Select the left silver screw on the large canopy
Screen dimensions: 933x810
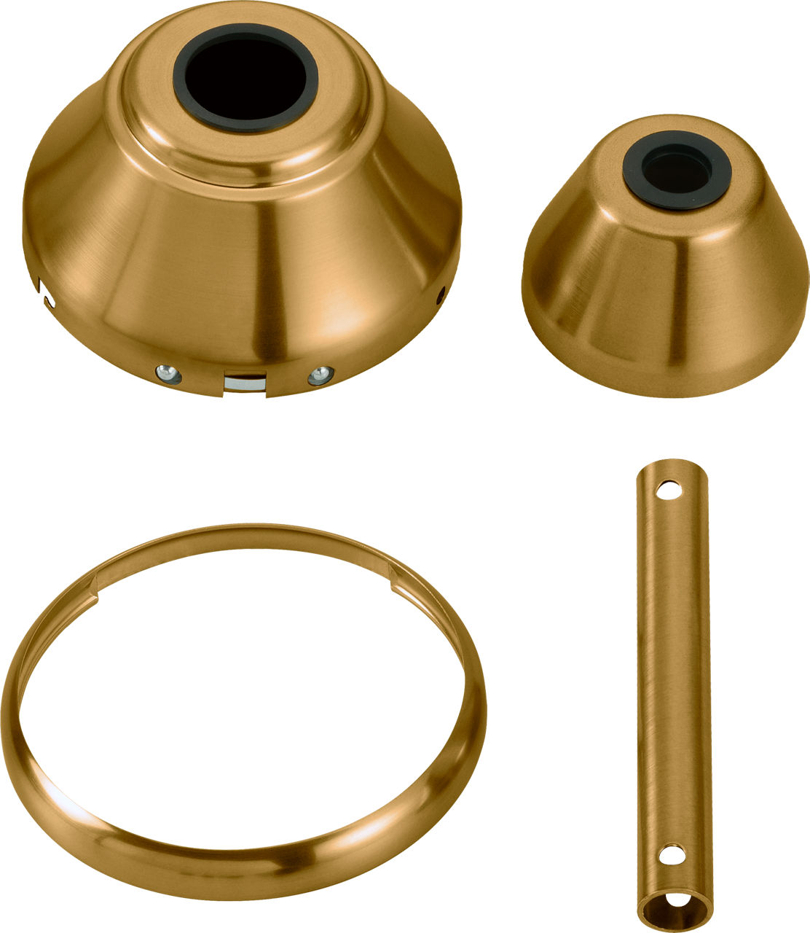point(166,373)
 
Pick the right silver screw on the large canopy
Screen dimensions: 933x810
point(319,375)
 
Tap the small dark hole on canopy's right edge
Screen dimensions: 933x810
point(440,295)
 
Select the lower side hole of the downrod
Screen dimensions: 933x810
point(669,854)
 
